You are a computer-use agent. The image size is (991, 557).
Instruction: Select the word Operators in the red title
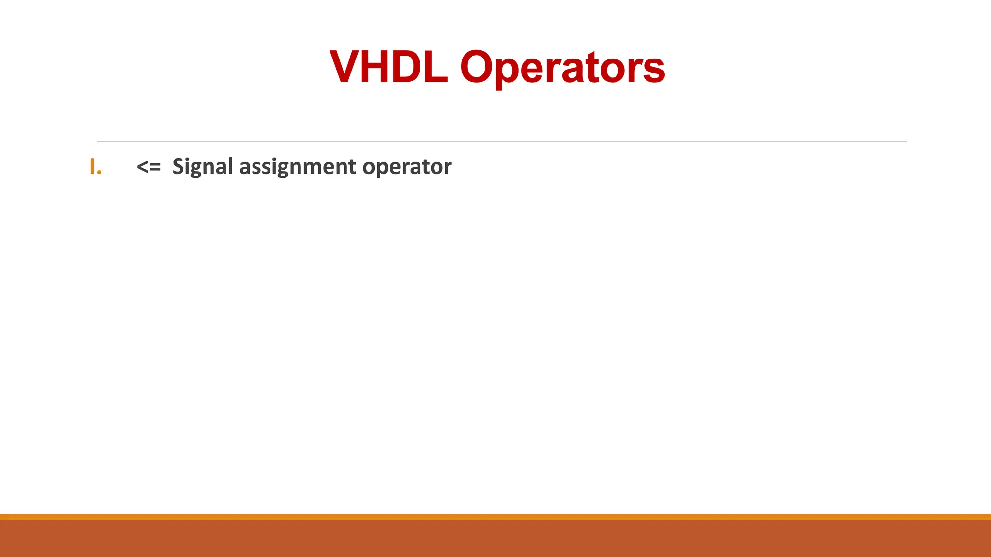coord(562,68)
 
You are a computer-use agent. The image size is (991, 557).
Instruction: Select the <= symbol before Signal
coord(149,167)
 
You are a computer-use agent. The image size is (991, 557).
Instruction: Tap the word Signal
coord(203,167)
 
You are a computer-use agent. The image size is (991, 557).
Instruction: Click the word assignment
coord(298,167)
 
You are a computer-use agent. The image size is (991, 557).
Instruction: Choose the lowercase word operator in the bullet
coord(407,167)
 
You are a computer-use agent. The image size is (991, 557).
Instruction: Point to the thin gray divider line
coord(502,141)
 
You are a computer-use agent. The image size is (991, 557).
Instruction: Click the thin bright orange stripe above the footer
coord(495,517)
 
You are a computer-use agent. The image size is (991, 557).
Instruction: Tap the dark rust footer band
coord(495,539)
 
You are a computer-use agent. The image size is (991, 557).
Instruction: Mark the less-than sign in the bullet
coord(142,167)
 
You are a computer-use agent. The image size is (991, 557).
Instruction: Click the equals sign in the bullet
coord(155,167)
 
